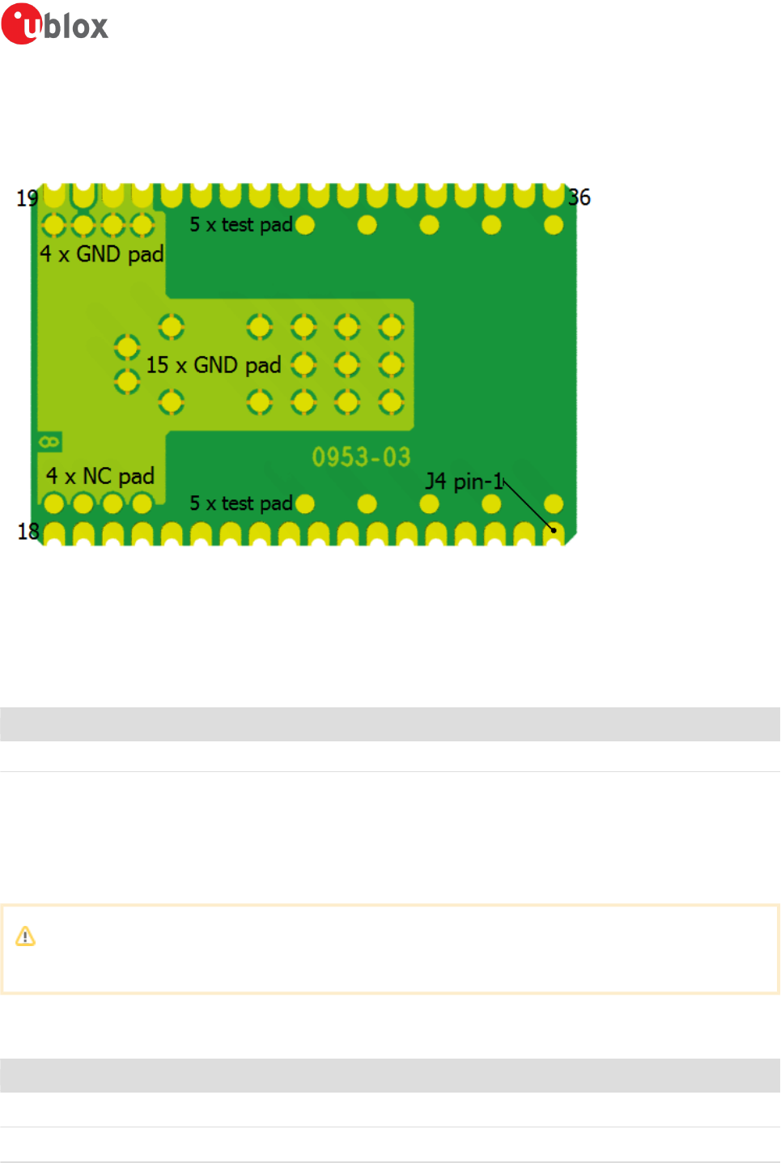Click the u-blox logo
pyautogui.click(x=55, y=23)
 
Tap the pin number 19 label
pyautogui.click(x=28, y=198)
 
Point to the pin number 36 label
pyautogui.click(x=579, y=197)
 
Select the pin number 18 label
pyautogui.click(x=28, y=531)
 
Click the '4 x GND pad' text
pyautogui.click(x=102, y=254)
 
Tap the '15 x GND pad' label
pyautogui.click(x=214, y=365)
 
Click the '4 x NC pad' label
pyautogui.click(x=100, y=476)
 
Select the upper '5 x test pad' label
pyautogui.click(x=241, y=225)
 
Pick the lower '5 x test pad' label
pyautogui.click(x=241, y=503)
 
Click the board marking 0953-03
pyautogui.click(x=362, y=457)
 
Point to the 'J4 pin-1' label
pyautogui.click(x=465, y=482)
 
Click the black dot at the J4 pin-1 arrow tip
pyautogui.click(x=554, y=530)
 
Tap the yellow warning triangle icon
pyautogui.click(x=26, y=936)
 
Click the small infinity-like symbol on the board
pyautogui.click(x=49, y=442)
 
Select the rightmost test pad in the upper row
pyautogui.click(x=554, y=225)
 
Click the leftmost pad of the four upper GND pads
pyautogui.click(x=53, y=225)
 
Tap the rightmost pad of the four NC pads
pyautogui.click(x=142, y=503)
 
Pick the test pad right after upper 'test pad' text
pyautogui.click(x=305, y=225)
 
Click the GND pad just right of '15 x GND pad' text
pyautogui.click(x=303, y=365)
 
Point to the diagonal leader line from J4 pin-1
pyautogui.click(x=528, y=506)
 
